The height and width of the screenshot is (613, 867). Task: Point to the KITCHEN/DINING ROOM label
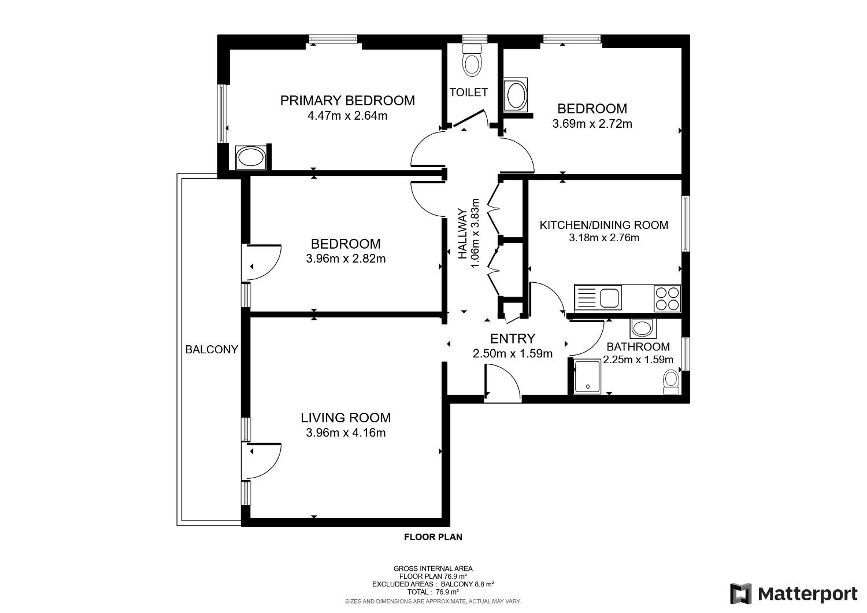(x=604, y=225)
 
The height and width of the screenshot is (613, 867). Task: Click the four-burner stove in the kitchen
(x=667, y=299)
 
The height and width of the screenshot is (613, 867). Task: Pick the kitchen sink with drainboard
(x=598, y=298)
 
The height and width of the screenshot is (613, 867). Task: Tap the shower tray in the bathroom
(x=587, y=377)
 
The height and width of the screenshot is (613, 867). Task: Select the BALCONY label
(x=212, y=350)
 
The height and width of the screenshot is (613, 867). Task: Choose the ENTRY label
(x=512, y=338)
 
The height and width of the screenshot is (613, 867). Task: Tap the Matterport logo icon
(x=741, y=594)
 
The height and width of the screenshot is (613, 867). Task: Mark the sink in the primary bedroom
(x=250, y=157)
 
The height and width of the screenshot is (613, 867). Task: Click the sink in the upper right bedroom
(x=516, y=94)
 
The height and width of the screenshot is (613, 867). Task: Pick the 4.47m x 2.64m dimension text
(x=348, y=116)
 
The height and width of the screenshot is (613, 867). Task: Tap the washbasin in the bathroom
(x=642, y=328)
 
